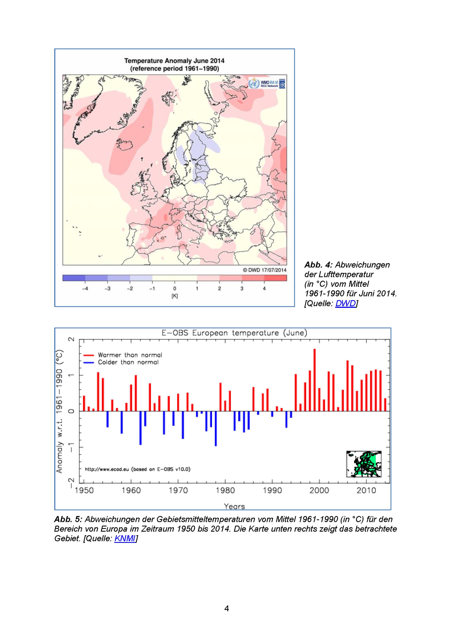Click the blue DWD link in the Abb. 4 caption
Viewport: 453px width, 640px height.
point(345,303)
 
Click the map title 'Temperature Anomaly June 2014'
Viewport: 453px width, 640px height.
point(174,61)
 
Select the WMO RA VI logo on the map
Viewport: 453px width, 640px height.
point(267,83)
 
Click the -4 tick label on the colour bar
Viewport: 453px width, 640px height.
point(85,289)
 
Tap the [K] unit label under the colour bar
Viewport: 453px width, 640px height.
point(175,296)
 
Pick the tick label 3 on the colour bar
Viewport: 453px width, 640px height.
point(242,289)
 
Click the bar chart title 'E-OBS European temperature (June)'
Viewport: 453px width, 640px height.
point(234,333)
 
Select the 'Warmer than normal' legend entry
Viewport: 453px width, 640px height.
point(123,355)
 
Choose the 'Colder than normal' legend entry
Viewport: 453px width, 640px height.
point(121,362)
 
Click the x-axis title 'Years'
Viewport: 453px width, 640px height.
point(234,506)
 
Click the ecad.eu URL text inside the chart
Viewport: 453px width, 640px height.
point(137,469)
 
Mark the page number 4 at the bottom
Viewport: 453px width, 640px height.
point(226,608)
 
